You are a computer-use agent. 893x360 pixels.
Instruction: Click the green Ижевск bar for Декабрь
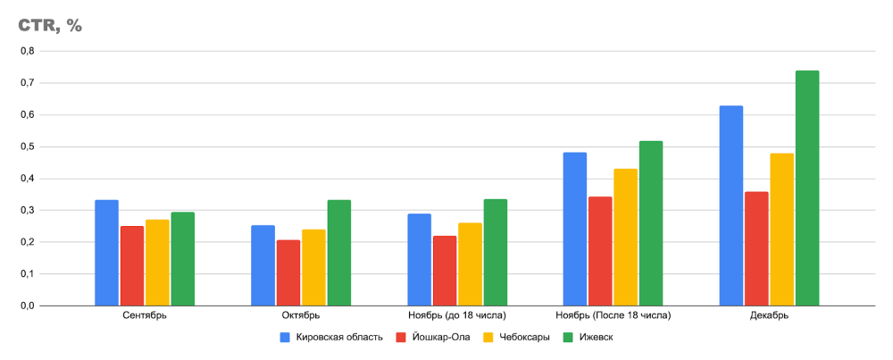click(807, 188)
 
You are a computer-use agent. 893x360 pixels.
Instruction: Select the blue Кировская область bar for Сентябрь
click(107, 253)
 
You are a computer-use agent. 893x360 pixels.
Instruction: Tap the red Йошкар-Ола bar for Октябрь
click(288, 272)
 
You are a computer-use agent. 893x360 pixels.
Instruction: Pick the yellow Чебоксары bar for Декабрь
click(782, 230)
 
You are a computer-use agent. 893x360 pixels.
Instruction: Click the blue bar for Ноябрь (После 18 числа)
click(575, 230)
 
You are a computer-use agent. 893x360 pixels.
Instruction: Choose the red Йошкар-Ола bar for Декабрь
click(756, 248)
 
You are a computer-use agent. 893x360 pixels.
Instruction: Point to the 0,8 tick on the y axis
click(28, 52)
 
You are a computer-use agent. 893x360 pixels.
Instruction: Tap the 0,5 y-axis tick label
click(28, 147)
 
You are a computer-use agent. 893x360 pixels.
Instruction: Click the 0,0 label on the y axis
click(28, 306)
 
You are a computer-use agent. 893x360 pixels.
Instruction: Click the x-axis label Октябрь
click(301, 316)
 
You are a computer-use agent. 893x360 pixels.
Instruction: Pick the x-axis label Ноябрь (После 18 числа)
click(613, 316)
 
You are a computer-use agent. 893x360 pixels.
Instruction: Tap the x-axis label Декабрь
click(769, 316)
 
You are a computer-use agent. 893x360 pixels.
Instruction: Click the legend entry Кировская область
click(338, 338)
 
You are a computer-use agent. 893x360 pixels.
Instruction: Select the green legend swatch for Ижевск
click(569, 338)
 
